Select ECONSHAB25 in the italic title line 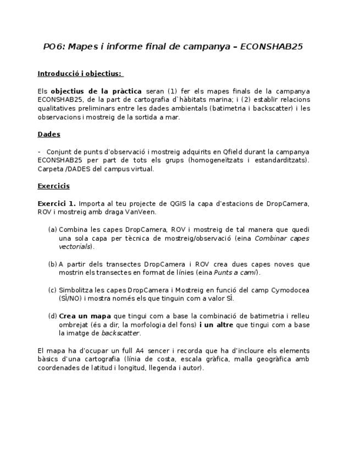(x=272, y=47)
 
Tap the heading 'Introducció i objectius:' (x=80, y=74)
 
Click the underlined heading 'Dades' (x=49, y=134)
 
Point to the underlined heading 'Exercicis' (x=53, y=186)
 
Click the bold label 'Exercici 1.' (x=57, y=203)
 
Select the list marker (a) (x=52, y=230)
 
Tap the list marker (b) (x=52, y=264)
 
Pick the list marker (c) (x=52, y=290)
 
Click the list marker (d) (x=52, y=316)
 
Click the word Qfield (x=239, y=152)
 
